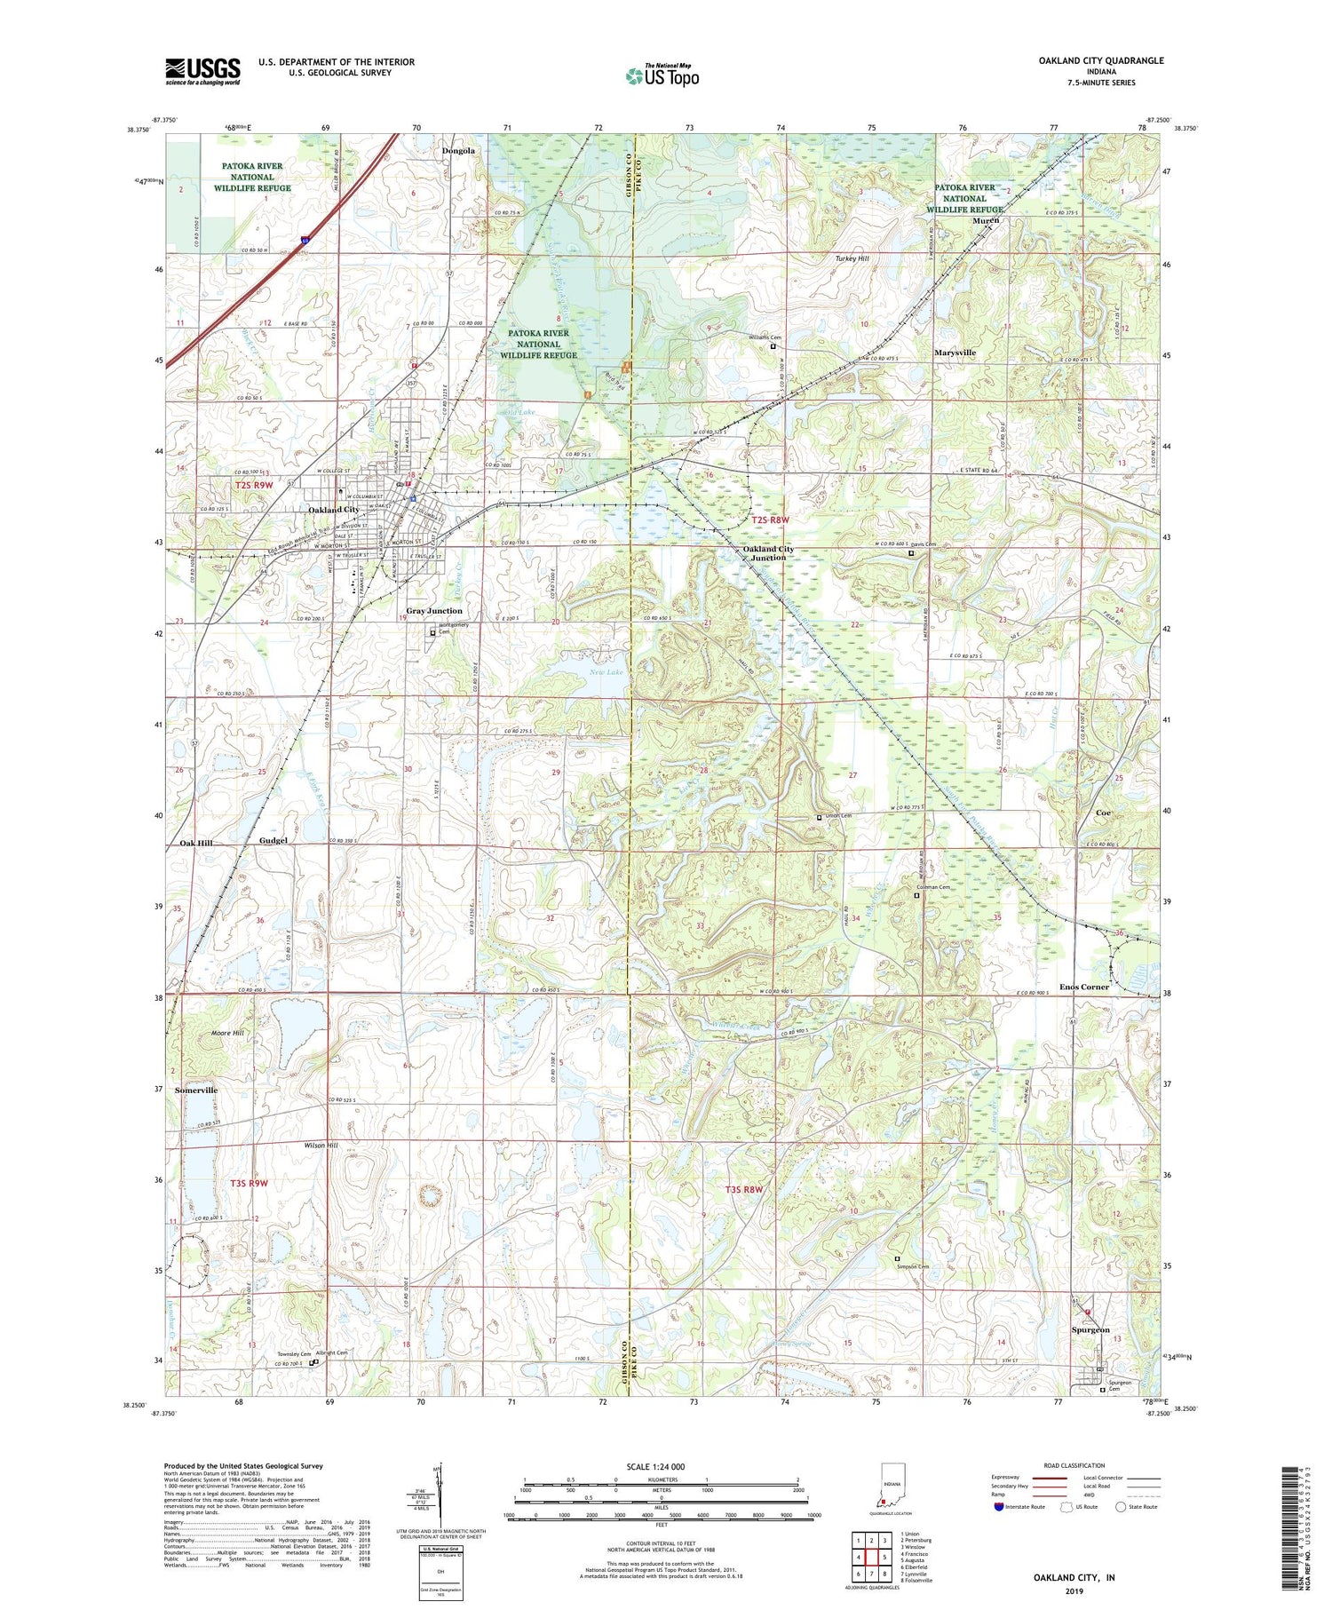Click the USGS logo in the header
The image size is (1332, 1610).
[x=202, y=71]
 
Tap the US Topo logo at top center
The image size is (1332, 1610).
[x=662, y=75]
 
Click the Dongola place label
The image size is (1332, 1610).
[x=458, y=151]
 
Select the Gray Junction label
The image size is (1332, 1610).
[x=434, y=611]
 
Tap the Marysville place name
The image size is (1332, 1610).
[x=955, y=353]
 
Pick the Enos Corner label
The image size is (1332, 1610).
[x=1082, y=987]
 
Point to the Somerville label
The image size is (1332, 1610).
[x=196, y=1090]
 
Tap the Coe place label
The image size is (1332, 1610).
[x=1103, y=813]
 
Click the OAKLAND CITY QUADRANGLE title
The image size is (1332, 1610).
[x=1088, y=60]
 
